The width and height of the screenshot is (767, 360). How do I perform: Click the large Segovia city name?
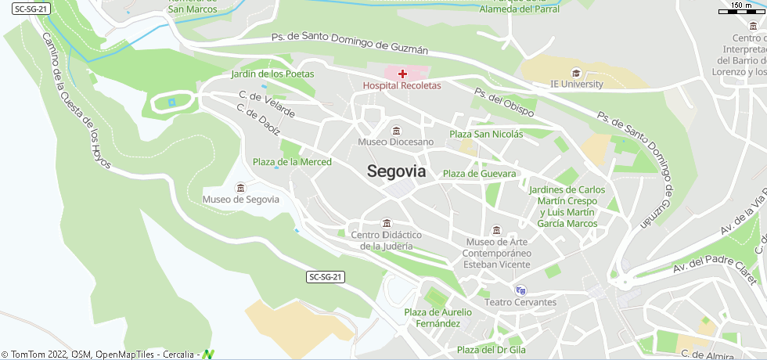pos(396,171)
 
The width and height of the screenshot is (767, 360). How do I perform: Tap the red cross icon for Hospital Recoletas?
pos(402,74)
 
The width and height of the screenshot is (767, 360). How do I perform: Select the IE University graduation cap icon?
pos(577,73)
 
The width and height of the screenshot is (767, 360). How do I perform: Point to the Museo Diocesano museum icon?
pos(396,130)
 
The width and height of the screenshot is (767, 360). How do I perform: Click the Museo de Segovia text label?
pos(240,200)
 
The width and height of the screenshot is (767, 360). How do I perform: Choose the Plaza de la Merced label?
pos(292,162)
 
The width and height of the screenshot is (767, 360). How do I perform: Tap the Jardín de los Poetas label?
pos(272,74)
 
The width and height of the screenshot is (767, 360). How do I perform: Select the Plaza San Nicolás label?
pos(486,135)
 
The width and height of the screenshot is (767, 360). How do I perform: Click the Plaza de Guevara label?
pos(480,174)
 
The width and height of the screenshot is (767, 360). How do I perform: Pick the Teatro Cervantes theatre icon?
pos(521,290)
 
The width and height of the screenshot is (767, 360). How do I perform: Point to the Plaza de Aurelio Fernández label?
pos(438,318)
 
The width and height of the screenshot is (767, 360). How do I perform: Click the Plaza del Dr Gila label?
pos(491,350)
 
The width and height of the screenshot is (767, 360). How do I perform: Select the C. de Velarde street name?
pos(267,106)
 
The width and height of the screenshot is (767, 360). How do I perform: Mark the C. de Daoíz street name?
pos(257,122)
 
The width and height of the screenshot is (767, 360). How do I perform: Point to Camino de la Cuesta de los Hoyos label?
pos(77,103)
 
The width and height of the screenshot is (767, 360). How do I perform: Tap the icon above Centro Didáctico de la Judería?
pos(386,223)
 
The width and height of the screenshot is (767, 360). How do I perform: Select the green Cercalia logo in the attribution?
pos(207,355)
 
